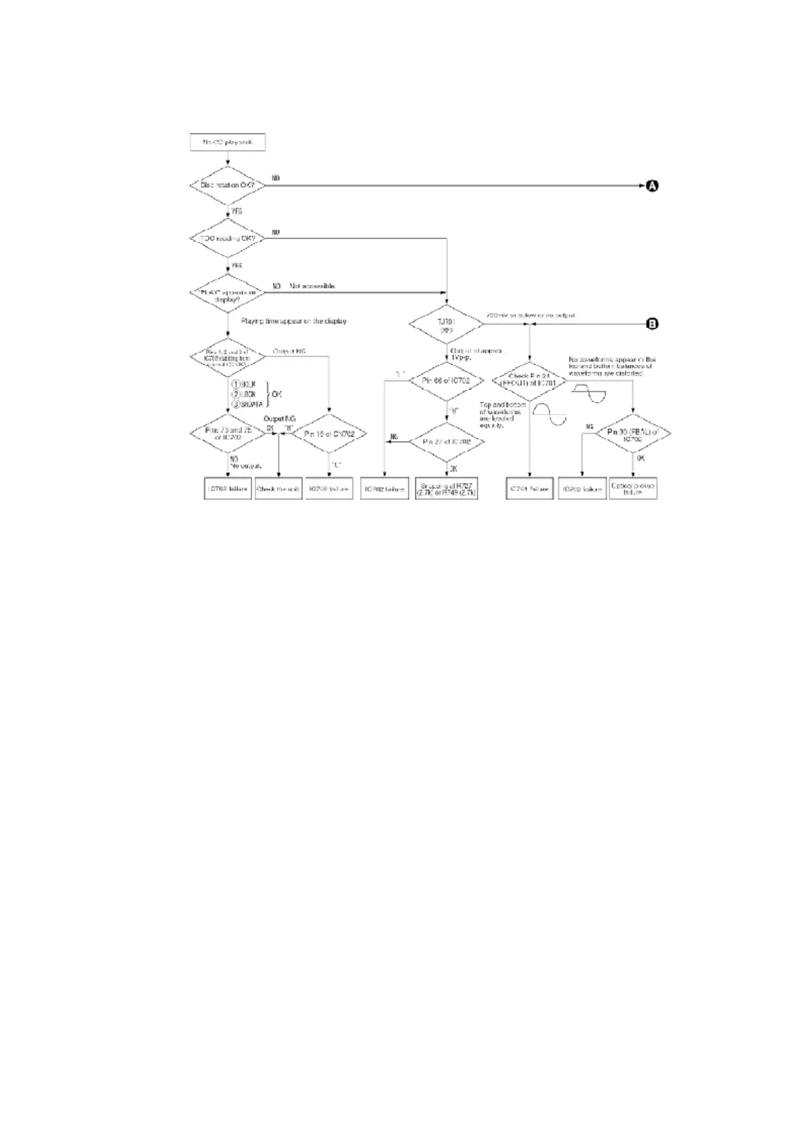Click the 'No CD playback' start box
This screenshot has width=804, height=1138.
click(x=228, y=143)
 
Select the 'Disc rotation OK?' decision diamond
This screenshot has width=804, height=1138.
click(x=227, y=185)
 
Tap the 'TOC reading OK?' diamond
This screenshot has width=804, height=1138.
click(x=227, y=239)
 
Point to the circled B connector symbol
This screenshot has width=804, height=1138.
click(x=652, y=324)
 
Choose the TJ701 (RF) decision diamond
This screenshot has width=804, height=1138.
click(x=447, y=324)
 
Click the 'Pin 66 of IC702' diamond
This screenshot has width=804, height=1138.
click(x=446, y=380)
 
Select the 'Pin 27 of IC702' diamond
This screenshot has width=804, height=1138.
click(x=446, y=441)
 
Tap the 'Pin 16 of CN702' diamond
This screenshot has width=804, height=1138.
click(x=329, y=434)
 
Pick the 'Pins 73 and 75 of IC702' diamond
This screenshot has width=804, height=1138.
click(x=228, y=434)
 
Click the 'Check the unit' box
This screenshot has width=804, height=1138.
click(x=278, y=489)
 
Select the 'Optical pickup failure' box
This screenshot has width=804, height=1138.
click(x=632, y=489)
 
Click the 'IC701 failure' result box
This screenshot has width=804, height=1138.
click(x=530, y=489)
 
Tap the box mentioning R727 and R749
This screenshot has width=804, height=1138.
click(x=447, y=489)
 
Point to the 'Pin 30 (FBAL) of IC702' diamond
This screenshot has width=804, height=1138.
click(x=632, y=434)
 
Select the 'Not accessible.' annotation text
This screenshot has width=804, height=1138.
click(x=313, y=287)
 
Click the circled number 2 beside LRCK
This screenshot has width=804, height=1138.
click(x=236, y=394)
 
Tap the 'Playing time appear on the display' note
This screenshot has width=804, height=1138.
click(x=294, y=321)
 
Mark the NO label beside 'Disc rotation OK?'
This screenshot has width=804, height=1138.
click(x=276, y=178)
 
